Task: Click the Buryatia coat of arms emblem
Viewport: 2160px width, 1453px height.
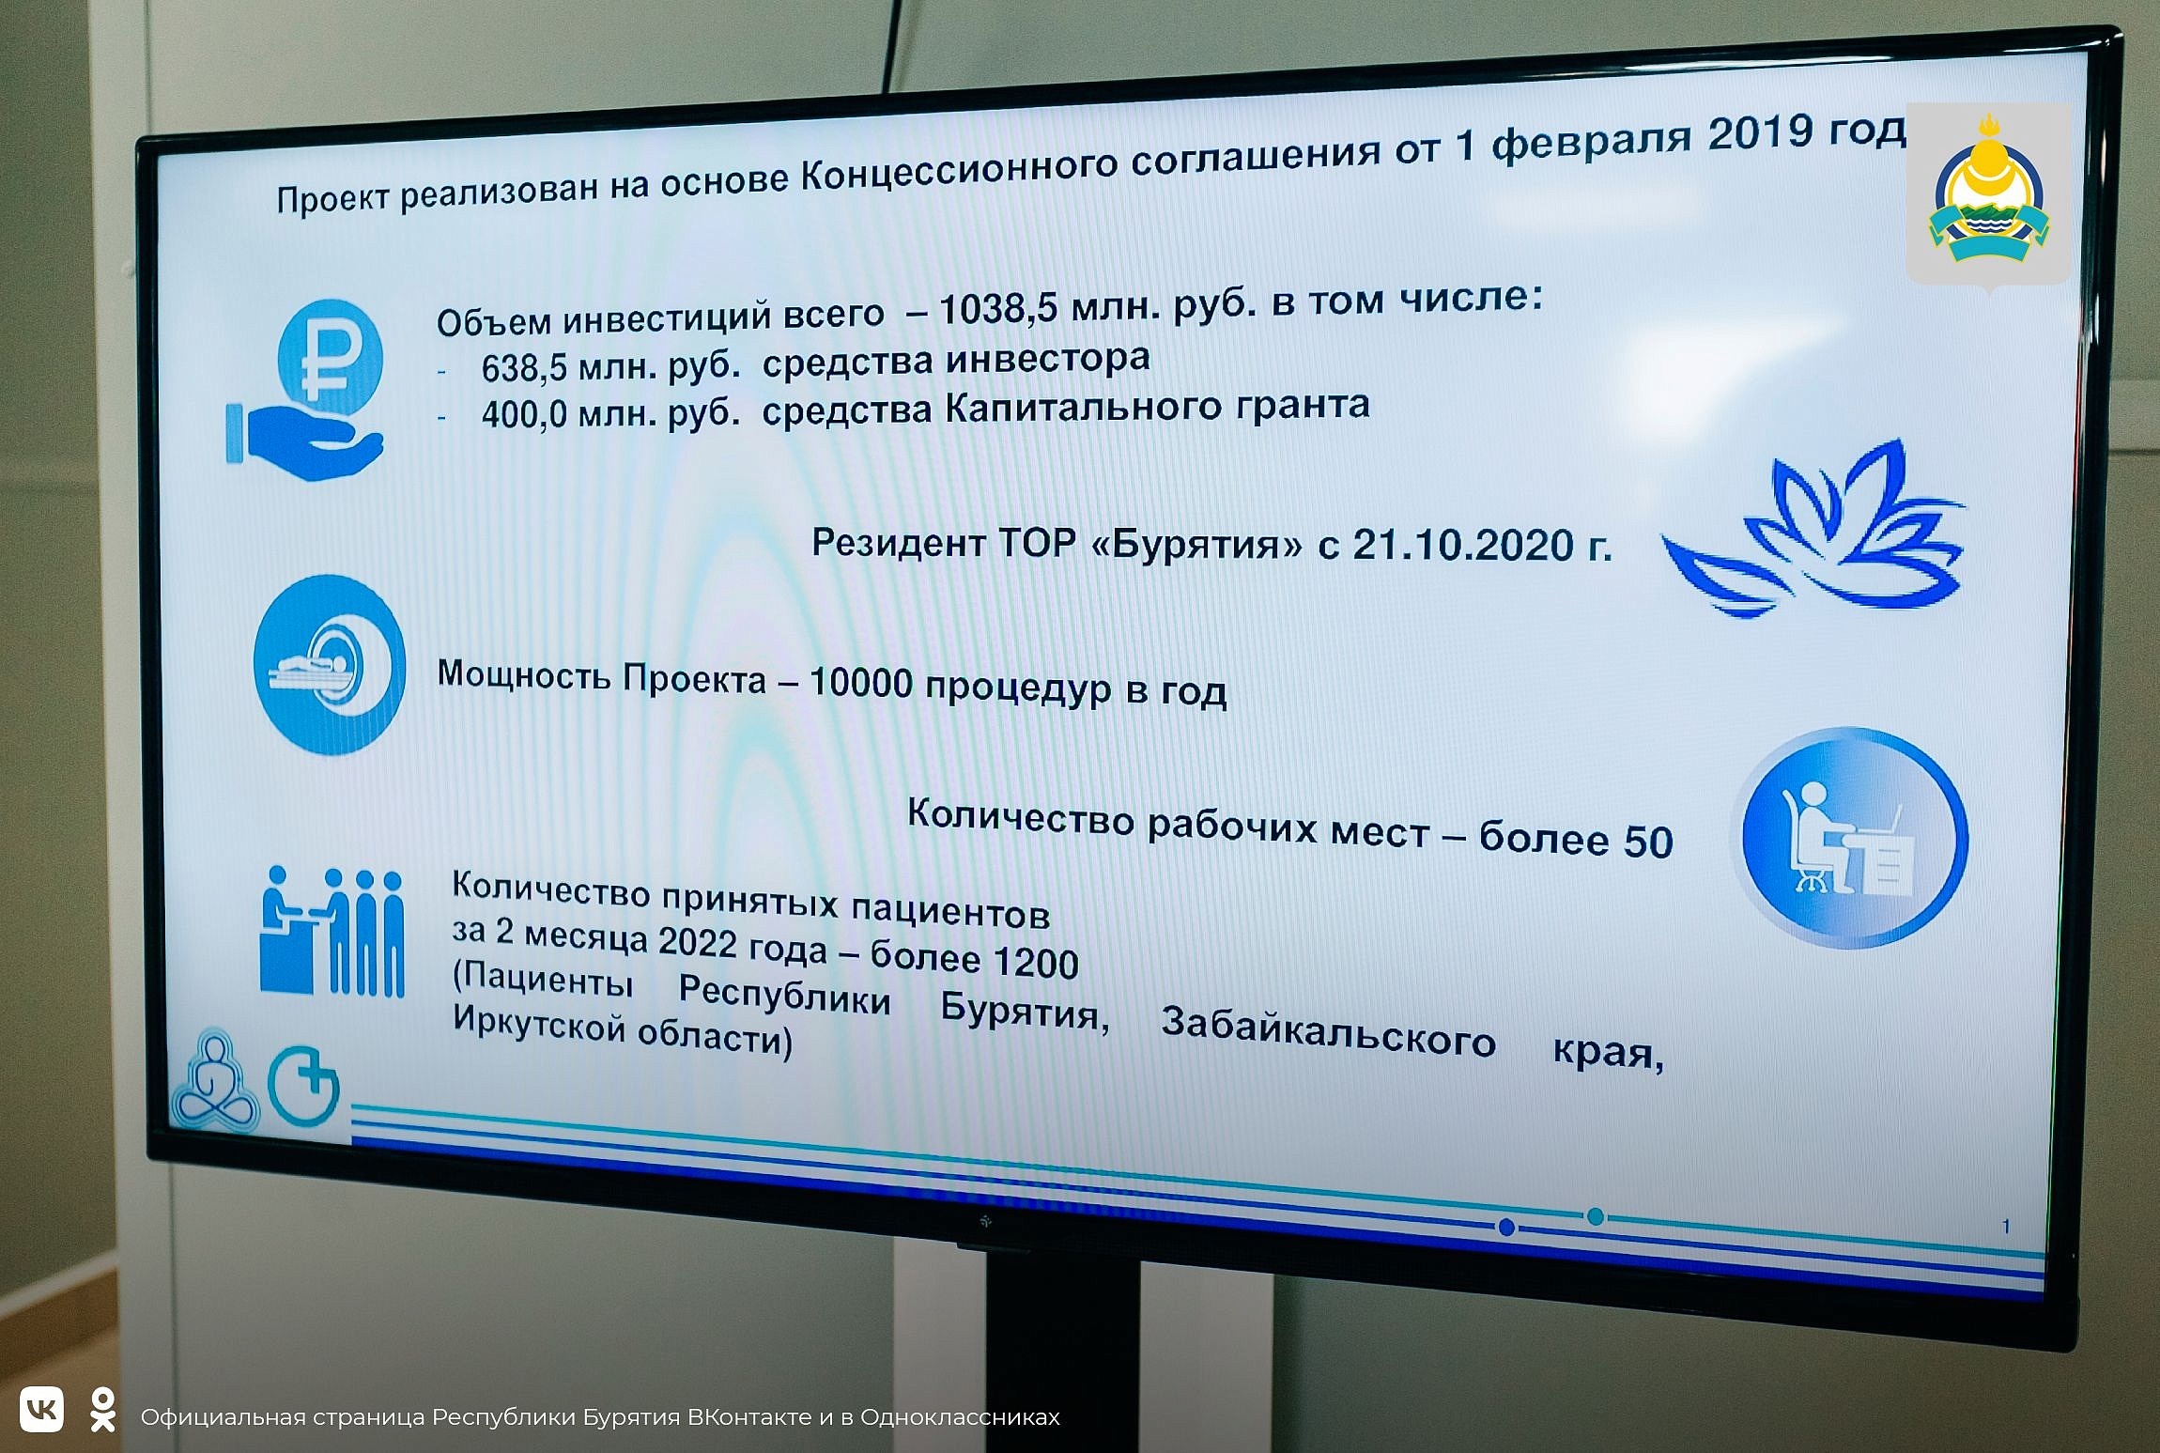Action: pos(1988,193)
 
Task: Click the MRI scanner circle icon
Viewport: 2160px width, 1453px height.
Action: pos(330,665)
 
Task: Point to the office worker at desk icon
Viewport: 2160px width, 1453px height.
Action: pos(1850,838)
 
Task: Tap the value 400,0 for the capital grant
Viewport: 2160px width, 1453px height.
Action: pos(524,413)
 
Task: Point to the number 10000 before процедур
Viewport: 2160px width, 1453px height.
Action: pos(860,682)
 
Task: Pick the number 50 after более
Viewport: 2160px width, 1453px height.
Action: pos(1648,842)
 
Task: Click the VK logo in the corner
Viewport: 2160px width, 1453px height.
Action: pos(41,1410)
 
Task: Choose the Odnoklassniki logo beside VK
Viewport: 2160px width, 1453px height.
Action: pos(102,1410)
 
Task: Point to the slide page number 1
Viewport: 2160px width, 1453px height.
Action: pos(2006,1227)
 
